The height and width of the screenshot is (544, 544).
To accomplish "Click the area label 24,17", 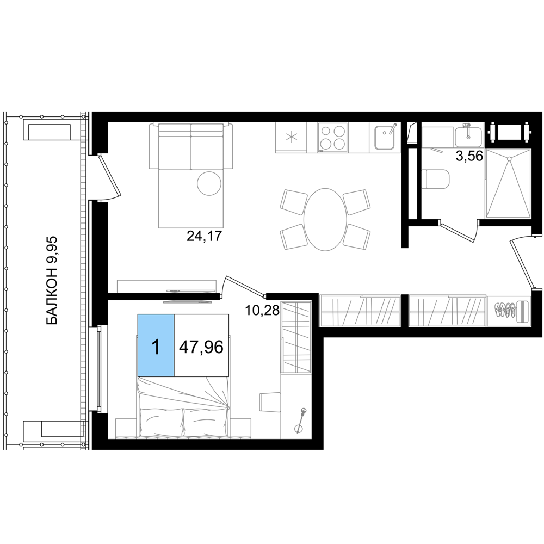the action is coord(204,236).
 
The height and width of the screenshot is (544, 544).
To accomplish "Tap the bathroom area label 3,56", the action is coord(469,157).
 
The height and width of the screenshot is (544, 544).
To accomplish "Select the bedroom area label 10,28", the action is coord(262,310).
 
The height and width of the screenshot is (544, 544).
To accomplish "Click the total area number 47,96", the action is coord(201,347).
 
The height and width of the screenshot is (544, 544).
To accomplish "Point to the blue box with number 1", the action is coord(156,345).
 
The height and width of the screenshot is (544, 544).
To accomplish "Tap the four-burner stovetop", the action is coord(332,138).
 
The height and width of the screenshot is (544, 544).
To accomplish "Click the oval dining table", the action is coord(325,219).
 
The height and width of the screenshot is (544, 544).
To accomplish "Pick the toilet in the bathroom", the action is coord(435,180).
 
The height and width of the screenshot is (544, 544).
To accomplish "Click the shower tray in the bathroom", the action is coord(508,184).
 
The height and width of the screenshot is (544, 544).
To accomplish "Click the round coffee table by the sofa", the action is coord(209,183).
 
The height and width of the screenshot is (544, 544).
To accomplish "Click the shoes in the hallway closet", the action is coord(505,310).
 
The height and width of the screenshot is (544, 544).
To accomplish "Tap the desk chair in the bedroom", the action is coord(270,403).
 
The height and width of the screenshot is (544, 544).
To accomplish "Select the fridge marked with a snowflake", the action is coord(291,138).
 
